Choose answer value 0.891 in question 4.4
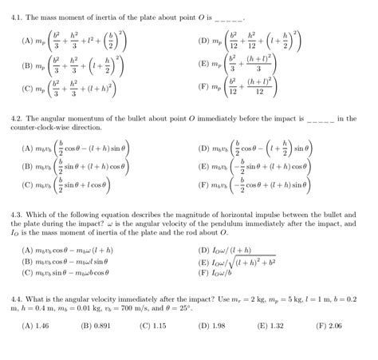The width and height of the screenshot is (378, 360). [x=100, y=326]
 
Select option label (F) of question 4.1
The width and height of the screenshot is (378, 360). [x=205, y=88]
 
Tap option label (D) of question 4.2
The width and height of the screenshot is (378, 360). [x=205, y=148]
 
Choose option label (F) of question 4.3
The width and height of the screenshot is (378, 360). [x=205, y=272]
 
